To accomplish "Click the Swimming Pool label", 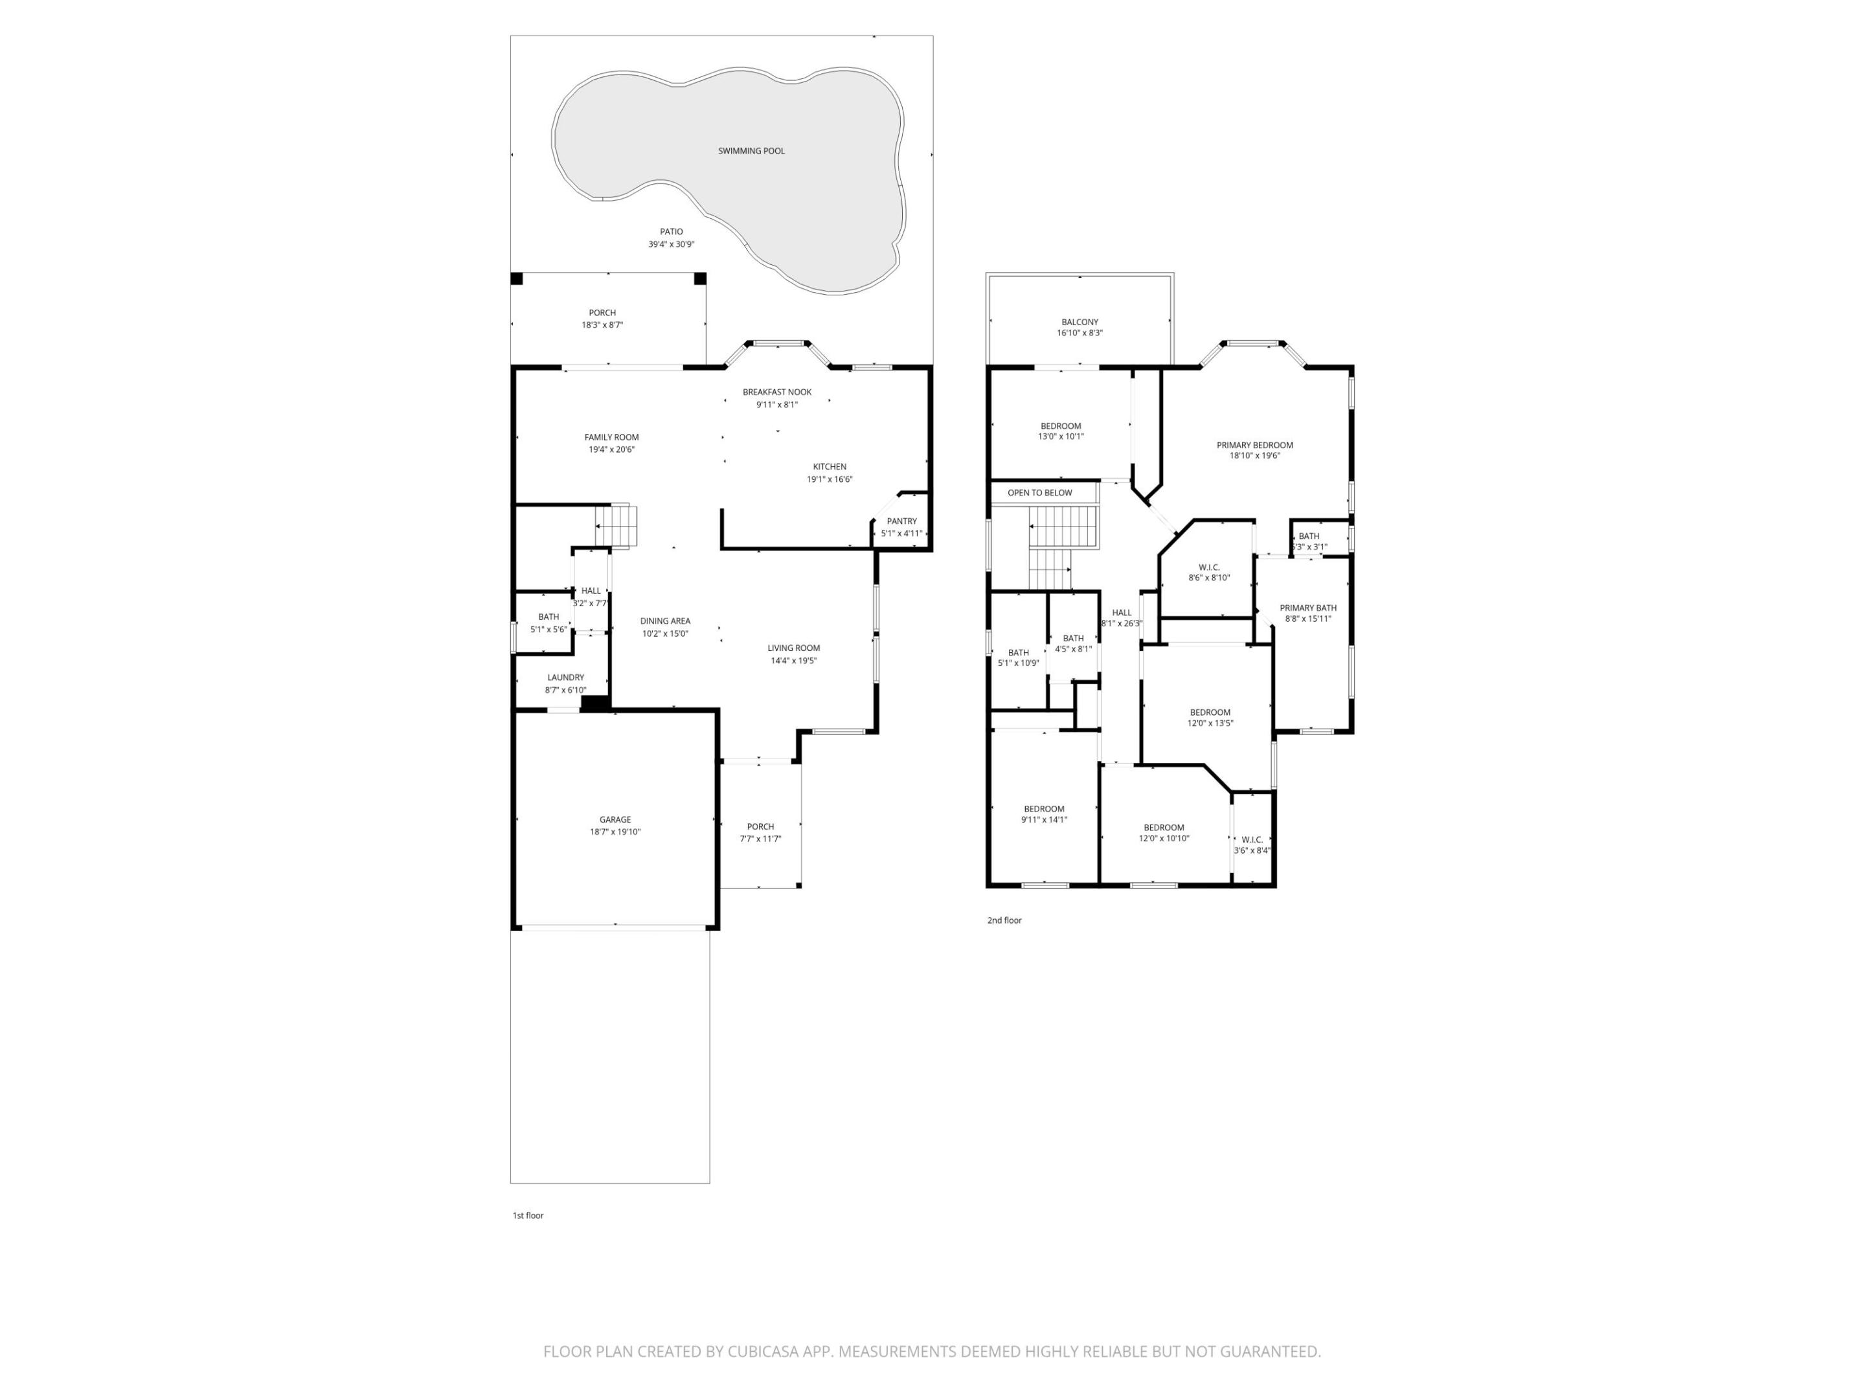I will tap(751, 151).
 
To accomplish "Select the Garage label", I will tap(615, 819).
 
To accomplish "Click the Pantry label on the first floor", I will tap(901, 521).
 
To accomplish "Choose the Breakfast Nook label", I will tap(776, 392).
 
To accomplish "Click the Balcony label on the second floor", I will tap(1079, 322).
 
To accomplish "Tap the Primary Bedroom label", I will tap(1254, 445).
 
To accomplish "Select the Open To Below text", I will tap(1039, 492).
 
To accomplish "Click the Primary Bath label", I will tap(1307, 608).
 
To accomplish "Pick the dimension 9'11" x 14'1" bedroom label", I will tap(1044, 820).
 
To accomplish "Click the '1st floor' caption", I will tap(528, 1215).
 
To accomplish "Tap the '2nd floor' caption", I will tap(1004, 920).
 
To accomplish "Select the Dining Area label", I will tap(664, 620).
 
